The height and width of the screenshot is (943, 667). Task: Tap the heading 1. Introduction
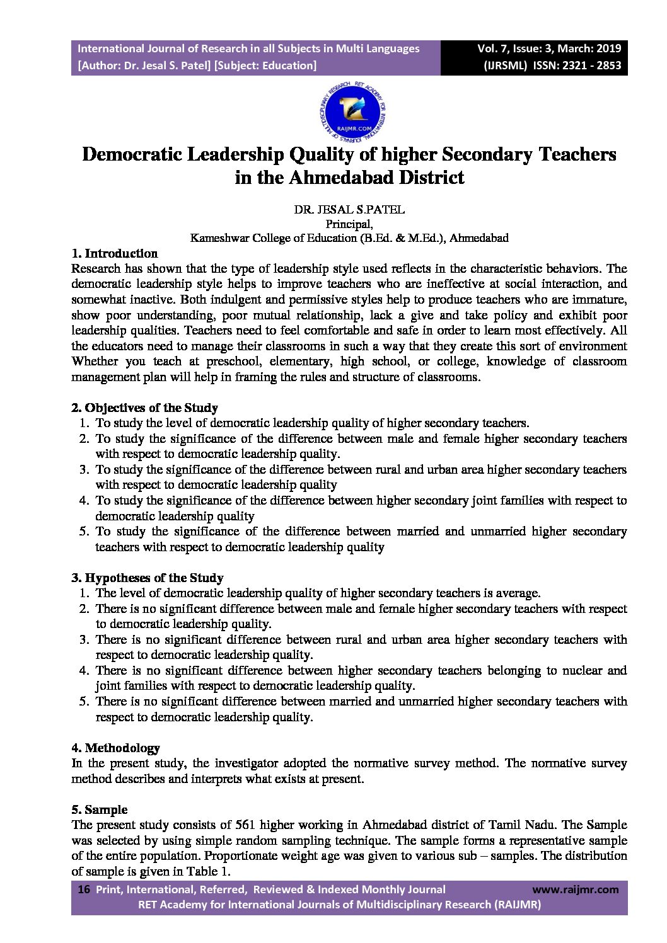point(114,253)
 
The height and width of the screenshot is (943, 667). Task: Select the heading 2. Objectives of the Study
point(144,408)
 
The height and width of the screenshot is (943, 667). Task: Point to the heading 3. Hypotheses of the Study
point(147,578)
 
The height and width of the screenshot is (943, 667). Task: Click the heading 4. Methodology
point(115,748)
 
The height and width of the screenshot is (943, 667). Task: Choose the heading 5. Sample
point(99,809)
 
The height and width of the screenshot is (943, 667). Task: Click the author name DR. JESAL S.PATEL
point(349,210)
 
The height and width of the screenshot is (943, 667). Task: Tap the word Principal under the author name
point(349,224)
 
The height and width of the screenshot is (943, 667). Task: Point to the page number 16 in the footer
point(83,889)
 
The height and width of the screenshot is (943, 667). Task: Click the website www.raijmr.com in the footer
point(575,889)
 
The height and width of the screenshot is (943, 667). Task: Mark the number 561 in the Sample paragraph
point(245,825)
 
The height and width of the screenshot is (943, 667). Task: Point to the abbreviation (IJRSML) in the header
point(505,65)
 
